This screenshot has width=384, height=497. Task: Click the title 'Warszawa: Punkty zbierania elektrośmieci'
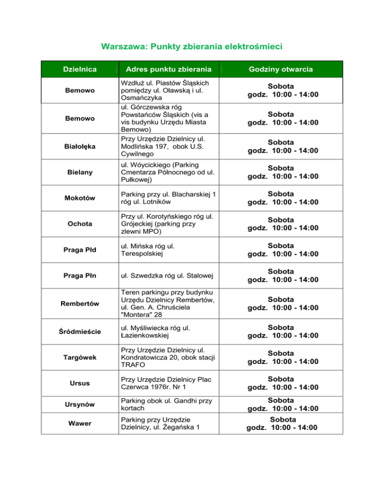[x=191, y=47]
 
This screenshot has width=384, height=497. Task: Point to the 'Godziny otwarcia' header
[x=283, y=69]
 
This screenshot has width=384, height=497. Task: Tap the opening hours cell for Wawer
[x=283, y=423]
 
